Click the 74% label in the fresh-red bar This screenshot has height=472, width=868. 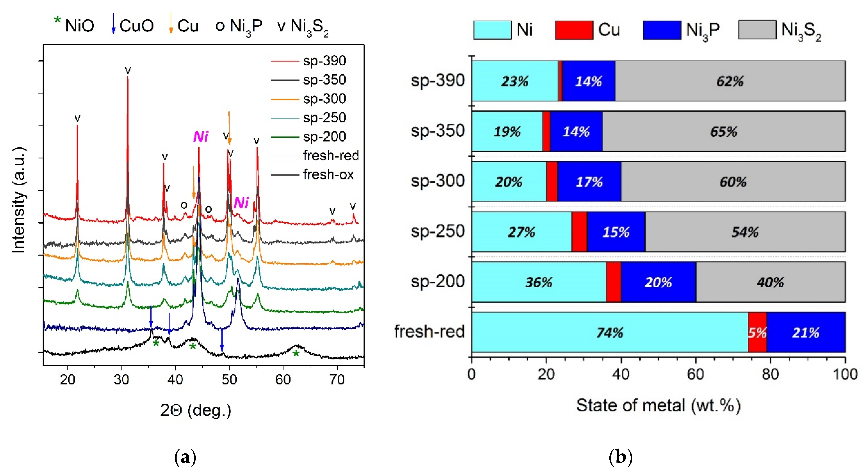click(610, 333)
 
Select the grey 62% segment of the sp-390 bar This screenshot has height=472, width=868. click(730, 81)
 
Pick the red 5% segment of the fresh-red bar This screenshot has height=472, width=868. click(757, 333)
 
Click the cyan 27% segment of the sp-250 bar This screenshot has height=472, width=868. click(521, 232)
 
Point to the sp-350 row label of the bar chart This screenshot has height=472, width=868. click(437, 131)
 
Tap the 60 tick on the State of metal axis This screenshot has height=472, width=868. click(695, 375)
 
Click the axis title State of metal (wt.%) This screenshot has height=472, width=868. click(658, 406)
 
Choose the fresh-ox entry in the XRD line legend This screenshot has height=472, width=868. click(328, 175)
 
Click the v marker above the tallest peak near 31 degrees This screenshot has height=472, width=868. click(128, 70)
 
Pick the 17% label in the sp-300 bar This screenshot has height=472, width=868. click(589, 182)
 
